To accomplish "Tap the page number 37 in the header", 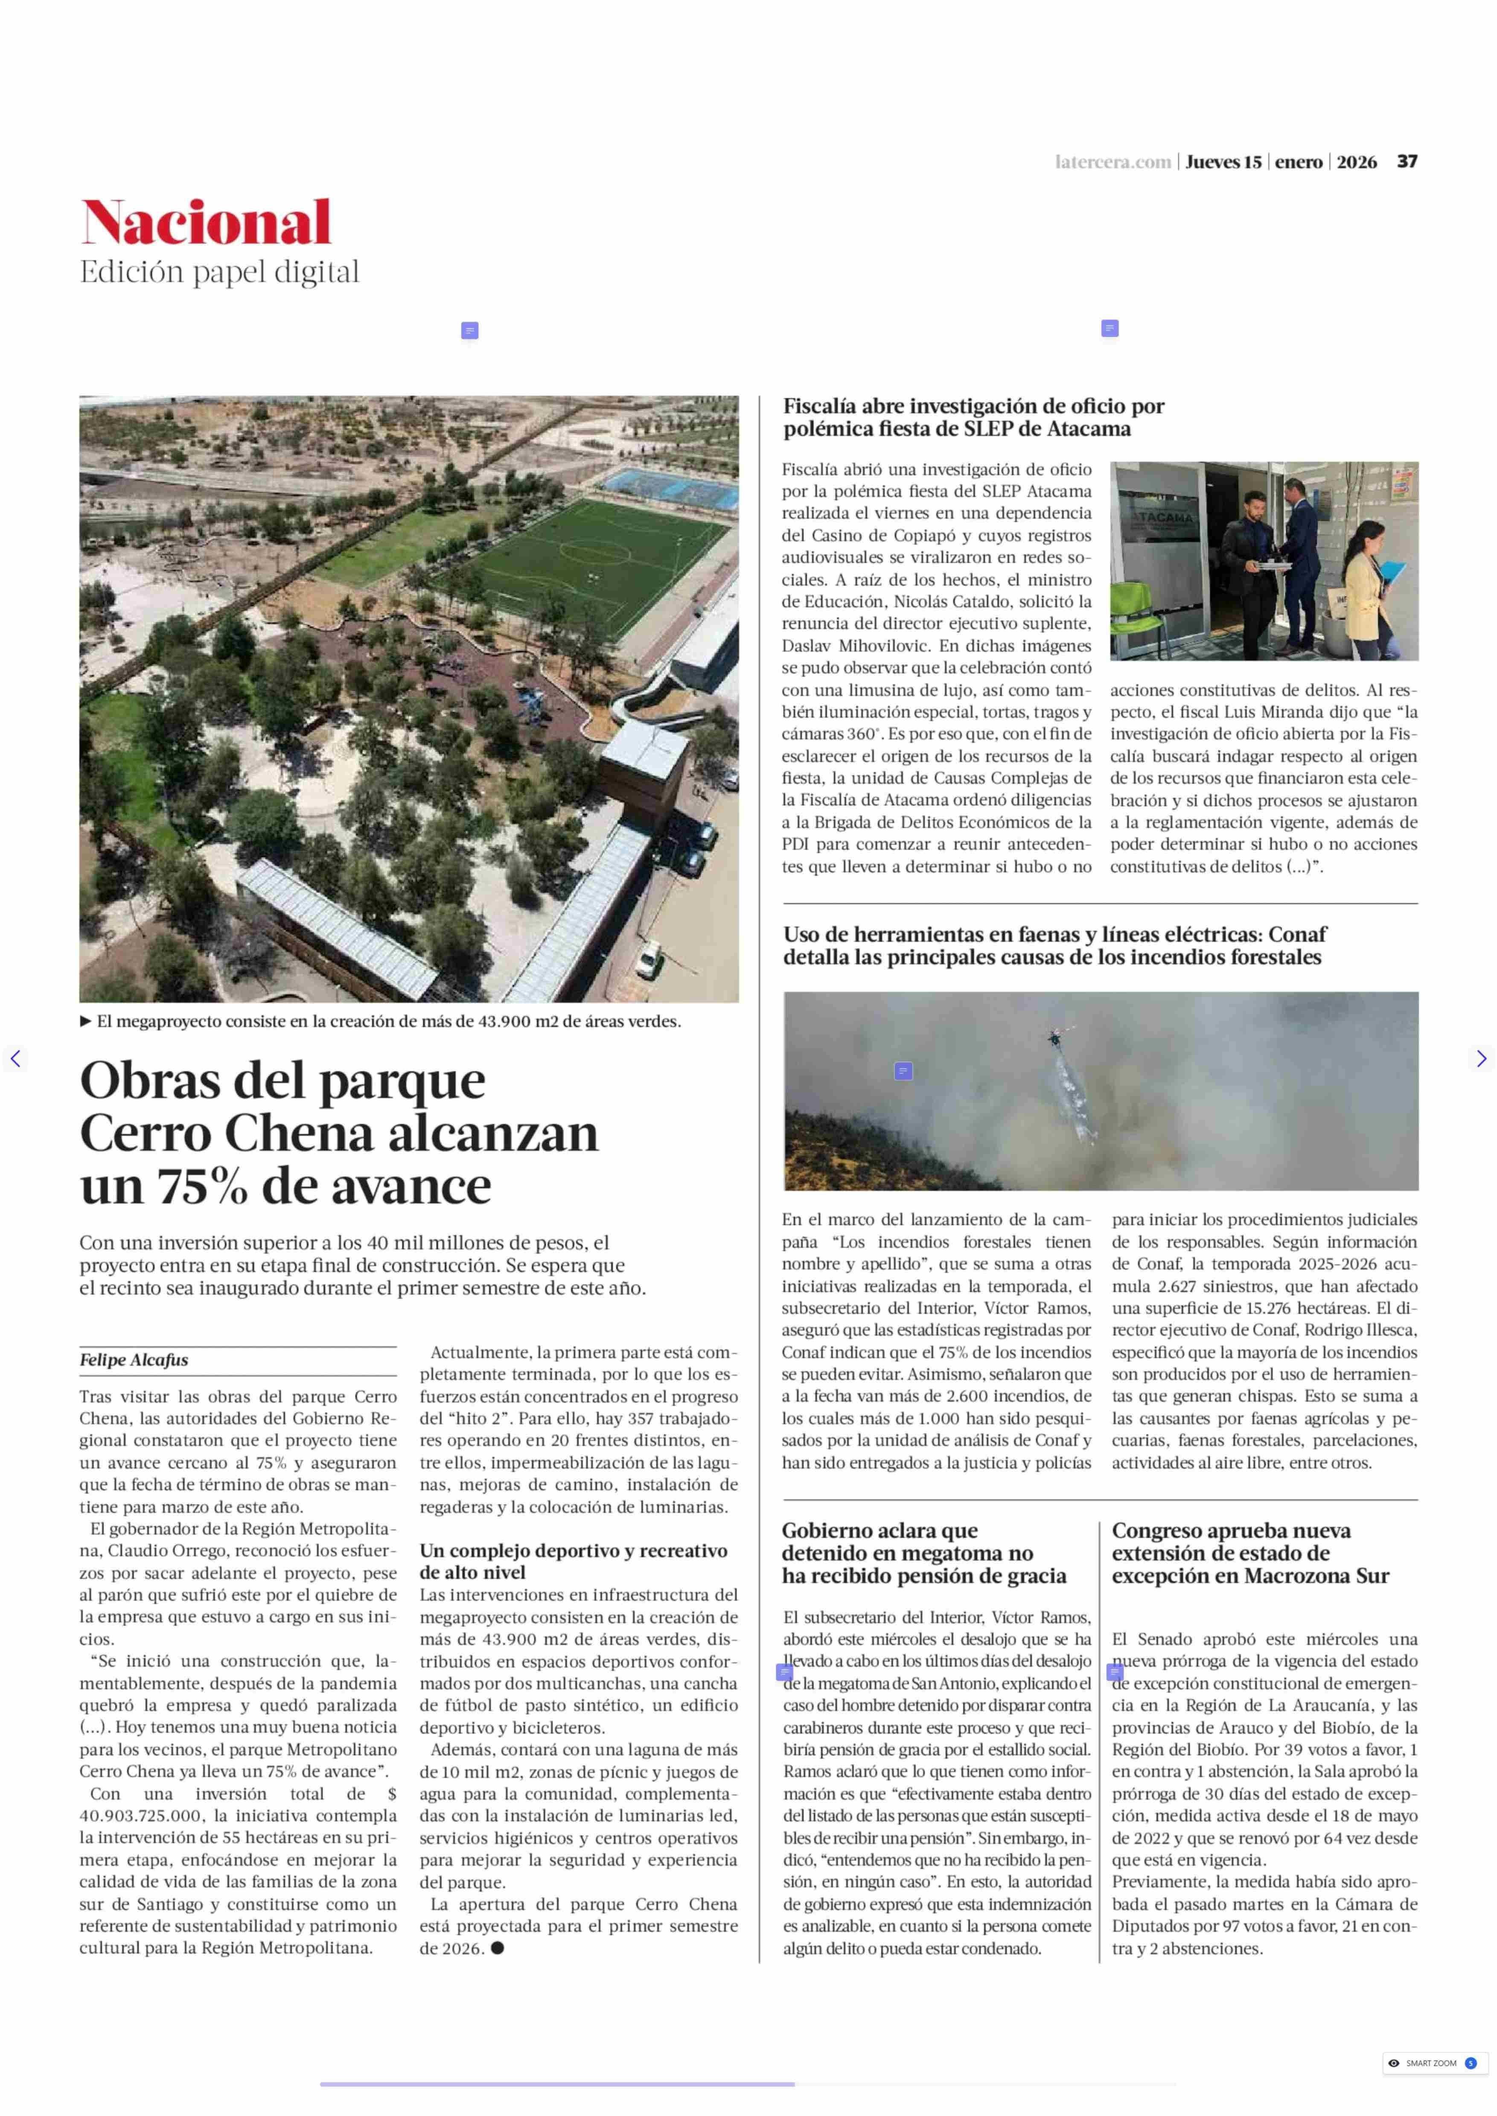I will (1407, 161).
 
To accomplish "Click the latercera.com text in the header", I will (1113, 162).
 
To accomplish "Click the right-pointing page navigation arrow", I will (1480, 1058).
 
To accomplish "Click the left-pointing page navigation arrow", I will (15, 1058).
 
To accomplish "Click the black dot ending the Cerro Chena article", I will (498, 1947).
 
